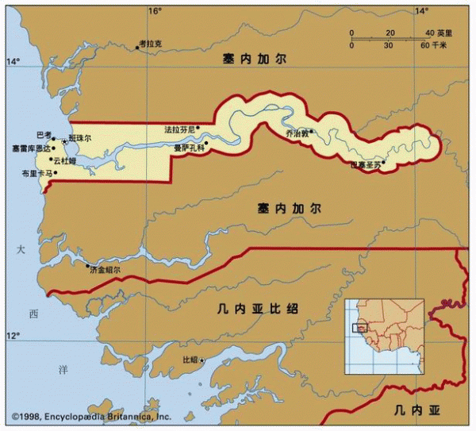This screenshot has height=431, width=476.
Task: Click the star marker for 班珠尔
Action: point(65,140)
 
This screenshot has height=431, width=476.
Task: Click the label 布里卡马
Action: point(36,173)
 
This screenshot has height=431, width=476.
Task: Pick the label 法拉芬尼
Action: point(178,129)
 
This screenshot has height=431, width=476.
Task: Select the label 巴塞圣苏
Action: point(365,165)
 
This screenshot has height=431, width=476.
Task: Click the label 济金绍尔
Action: point(106,270)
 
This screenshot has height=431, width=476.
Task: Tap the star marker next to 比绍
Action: point(202,361)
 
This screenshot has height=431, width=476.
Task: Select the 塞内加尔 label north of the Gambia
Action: point(254,59)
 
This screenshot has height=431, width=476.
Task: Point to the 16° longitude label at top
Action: point(154,11)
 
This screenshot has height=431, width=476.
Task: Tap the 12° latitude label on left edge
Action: point(13,337)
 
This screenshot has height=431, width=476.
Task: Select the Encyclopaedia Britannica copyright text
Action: point(90,416)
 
